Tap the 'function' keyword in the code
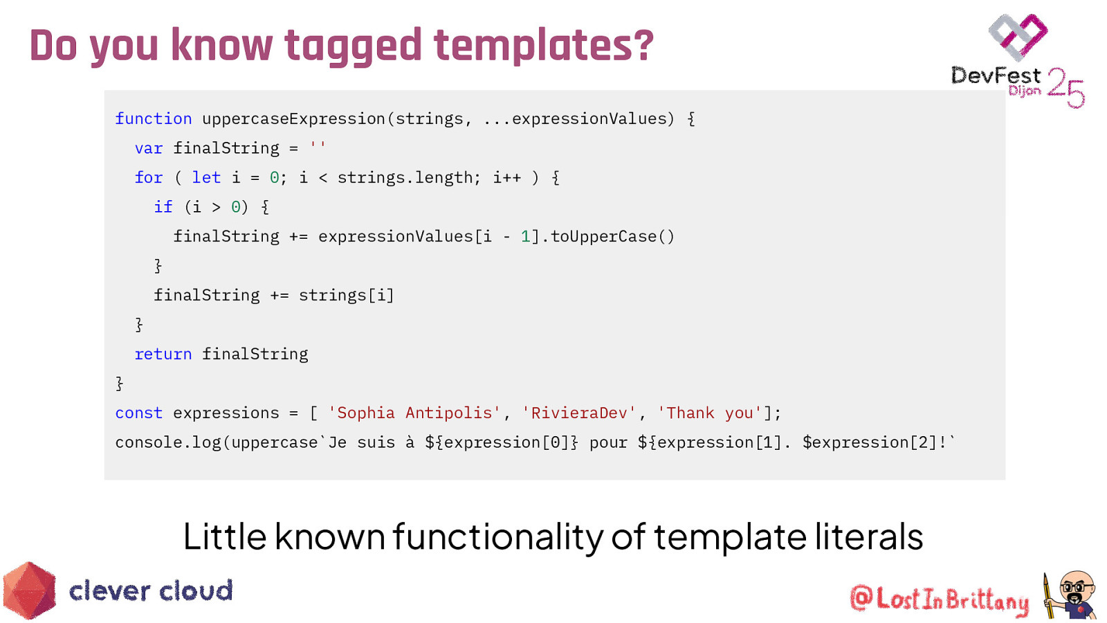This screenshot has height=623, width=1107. pyautogui.click(x=153, y=118)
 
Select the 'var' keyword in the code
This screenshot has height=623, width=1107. pyautogui.click(x=149, y=148)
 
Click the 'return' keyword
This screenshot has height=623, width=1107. pyautogui.click(x=163, y=354)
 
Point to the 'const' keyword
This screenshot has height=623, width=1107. pyautogui.click(x=139, y=413)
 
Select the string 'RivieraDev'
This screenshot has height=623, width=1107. pyautogui.click(x=578, y=413)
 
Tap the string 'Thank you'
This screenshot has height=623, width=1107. pyautogui.click(x=709, y=413)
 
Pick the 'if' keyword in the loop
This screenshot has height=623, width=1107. pyautogui.click(x=163, y=207)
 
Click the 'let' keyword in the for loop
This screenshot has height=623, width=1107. pyautogui.click(x=206, y=177)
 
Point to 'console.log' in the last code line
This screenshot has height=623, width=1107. pyautogui.click(x=168, y=442)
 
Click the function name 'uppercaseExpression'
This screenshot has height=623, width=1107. pyautogui.click(x=293, y=119)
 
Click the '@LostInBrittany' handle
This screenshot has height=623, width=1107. pyautogui.click(x=940, y=599)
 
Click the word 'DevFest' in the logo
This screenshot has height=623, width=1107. pyautogui.click(x=996, y=76)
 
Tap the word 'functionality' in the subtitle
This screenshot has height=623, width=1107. pyautogui.click(x=498, y=536)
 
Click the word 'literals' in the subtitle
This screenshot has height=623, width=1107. pyautogui.click(x=869, y=536)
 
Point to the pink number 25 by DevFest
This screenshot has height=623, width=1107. pyautogui.click(x=1065, y=88)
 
